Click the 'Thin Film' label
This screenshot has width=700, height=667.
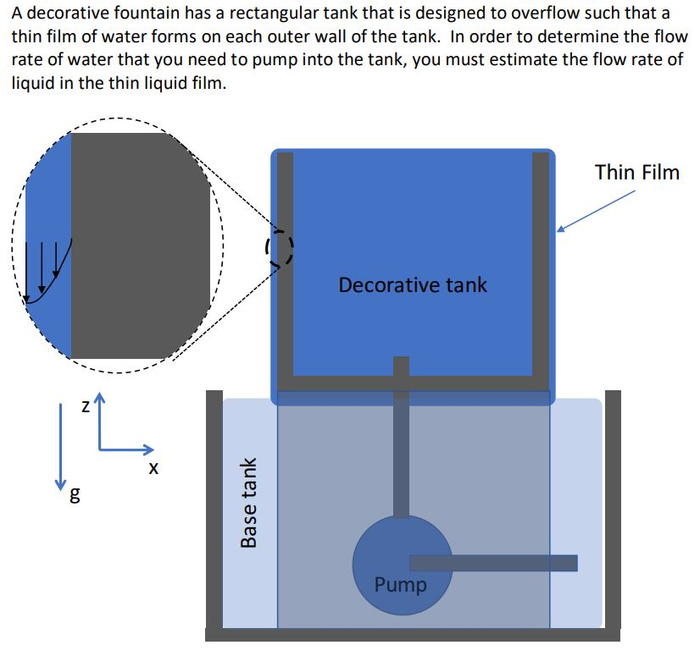click(x=636, y=173)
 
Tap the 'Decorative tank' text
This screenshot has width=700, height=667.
click(x=413, y=284)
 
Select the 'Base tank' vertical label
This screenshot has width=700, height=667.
click(x=249, y=503)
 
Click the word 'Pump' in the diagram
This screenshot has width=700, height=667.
click(x=400, y=585)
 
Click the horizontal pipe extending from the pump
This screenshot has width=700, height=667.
click(x=508, y=563)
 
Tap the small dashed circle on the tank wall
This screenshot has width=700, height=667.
click(x=280, y=246)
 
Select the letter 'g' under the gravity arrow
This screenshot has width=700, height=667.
click(x=75, y=497)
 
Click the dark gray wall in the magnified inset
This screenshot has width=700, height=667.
click(x=140, y=245)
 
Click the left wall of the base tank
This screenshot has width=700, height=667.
click(x=214, y=508)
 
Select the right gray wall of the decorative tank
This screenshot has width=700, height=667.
click(x=540, y=262)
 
